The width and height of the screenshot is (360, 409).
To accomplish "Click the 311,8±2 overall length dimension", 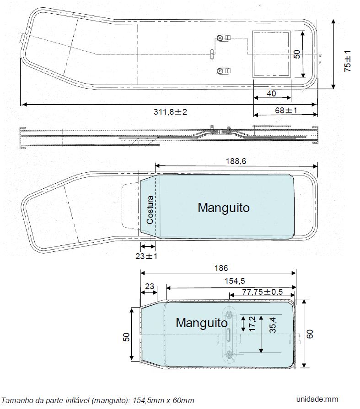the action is [x=170, y=112].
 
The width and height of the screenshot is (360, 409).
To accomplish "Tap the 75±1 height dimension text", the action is [x=348, y=61].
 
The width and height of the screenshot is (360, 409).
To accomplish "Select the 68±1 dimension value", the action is [x=286, y=111].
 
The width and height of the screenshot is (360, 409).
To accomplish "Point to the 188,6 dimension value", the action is [x=236, y=161].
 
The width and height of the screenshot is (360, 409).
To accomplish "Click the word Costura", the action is [x=150, y=210].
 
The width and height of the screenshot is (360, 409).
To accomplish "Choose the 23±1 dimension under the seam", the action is [x=146, y=256].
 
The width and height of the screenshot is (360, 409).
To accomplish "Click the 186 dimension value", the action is [x=221, y=268].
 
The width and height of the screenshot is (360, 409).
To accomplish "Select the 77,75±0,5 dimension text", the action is [x=263, y=292].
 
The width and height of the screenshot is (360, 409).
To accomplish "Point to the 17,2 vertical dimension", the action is [x=253, y=324].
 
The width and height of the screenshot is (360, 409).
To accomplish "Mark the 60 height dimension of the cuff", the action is [x=310, y=334].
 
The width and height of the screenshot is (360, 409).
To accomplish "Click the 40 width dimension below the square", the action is [x=272, y=93].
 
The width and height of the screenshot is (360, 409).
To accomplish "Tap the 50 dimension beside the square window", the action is [x=297, y=54].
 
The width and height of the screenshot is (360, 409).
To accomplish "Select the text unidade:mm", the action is [x=317, y=399].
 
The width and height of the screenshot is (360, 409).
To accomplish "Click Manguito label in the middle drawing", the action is [x=224, y=207].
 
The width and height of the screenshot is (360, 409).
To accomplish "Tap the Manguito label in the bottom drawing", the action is [x=202, y=323].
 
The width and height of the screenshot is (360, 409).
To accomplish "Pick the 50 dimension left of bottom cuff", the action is [x=126, y=337].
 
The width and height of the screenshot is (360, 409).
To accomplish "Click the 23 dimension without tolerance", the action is [x=149, y=287].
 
